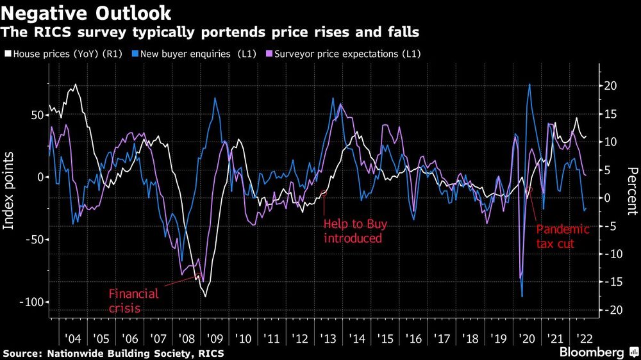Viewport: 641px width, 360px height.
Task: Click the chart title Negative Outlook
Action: tap(87, 12)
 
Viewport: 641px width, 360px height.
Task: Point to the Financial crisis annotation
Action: tap(133, 300)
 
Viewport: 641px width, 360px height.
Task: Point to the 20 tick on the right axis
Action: tap(610, 86)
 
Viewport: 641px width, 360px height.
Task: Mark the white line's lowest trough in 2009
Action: tap(206, 296)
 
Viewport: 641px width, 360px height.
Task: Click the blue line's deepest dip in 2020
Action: tap(522, 297)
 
